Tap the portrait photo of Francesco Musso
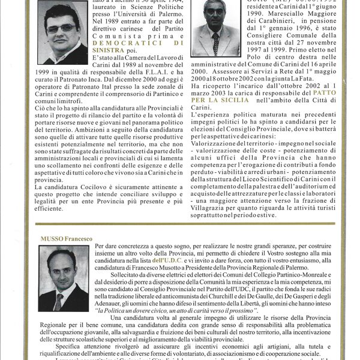[64, 278]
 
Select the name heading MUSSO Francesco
[66, 239]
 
